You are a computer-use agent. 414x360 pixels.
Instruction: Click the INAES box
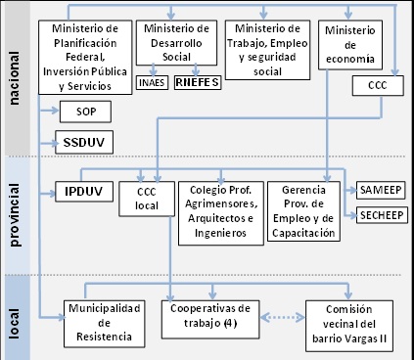152,82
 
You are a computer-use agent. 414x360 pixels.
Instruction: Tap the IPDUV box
83,191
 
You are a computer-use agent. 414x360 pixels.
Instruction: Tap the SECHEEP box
382,216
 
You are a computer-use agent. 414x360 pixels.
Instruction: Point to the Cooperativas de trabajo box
204,317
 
